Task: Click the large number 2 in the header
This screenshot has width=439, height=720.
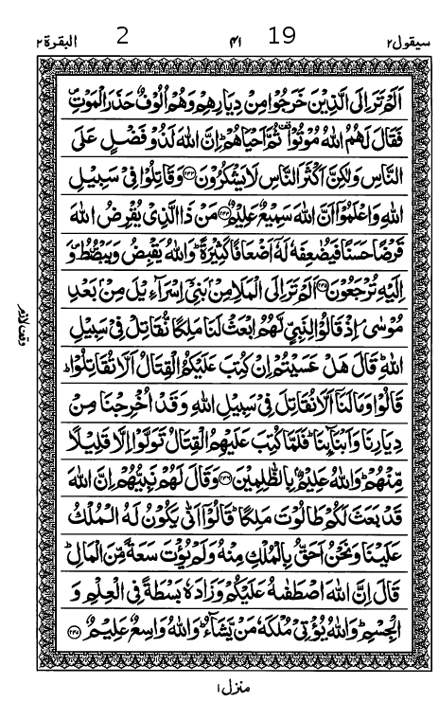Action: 122,37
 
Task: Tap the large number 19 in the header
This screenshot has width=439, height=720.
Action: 282,37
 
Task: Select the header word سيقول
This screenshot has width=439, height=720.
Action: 379,41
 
